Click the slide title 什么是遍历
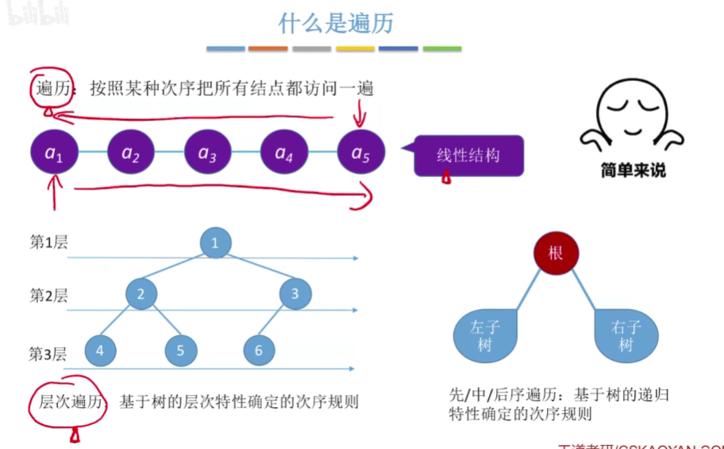(x=336, y=23)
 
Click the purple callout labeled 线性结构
(x=468, y=155)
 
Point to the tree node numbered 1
(x=215, y=243)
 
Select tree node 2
(x=141, y=294)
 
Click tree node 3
(x=295, y=294)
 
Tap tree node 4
(x=99, y=350)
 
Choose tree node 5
(x=181, y=350)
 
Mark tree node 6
(x=259, y=350)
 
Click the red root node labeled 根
(x=556, y=254)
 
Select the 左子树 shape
(x=483, y=335)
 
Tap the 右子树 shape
(x=626, y=335)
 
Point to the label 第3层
(x=49, y=354)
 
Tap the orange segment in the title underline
(x=268, y=49)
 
